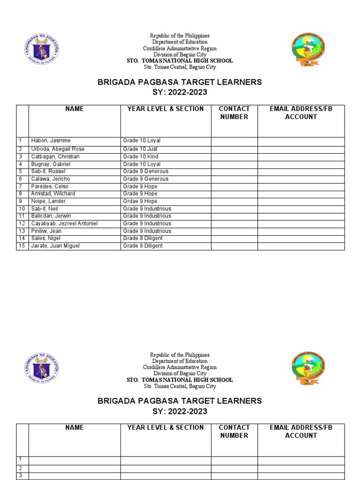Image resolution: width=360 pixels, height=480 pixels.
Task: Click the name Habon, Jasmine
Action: point(51,141)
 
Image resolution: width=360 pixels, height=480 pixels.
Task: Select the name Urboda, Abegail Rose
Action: point(58,149)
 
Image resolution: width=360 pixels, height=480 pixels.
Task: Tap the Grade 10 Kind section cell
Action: point(141,157)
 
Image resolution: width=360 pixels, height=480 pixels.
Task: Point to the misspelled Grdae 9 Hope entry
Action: point(140,201)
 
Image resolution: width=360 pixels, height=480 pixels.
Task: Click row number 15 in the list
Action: point(22,246)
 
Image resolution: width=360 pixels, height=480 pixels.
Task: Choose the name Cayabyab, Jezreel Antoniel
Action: point(64,224)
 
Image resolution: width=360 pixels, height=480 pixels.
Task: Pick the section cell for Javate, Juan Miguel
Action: point(143,246)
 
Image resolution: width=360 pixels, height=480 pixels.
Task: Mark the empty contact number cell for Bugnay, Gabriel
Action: point(234,164)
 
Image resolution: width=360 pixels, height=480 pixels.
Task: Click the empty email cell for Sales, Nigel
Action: point(301,239)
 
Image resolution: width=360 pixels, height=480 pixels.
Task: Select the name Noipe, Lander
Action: point(48,201)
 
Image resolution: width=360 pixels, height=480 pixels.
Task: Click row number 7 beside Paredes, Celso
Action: point(21,187)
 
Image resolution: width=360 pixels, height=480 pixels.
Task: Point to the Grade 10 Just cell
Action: point(140,149)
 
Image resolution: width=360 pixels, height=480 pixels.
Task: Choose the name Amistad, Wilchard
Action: point(53,194)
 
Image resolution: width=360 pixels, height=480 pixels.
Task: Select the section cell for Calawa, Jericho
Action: point(145,179)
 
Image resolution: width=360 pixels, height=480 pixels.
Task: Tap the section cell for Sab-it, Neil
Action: point(147,209)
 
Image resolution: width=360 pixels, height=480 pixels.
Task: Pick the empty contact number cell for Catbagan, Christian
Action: point(234,157)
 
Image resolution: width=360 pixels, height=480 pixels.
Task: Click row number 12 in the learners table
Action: point(22,224)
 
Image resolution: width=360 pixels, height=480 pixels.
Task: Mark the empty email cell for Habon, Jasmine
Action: point(301,142)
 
